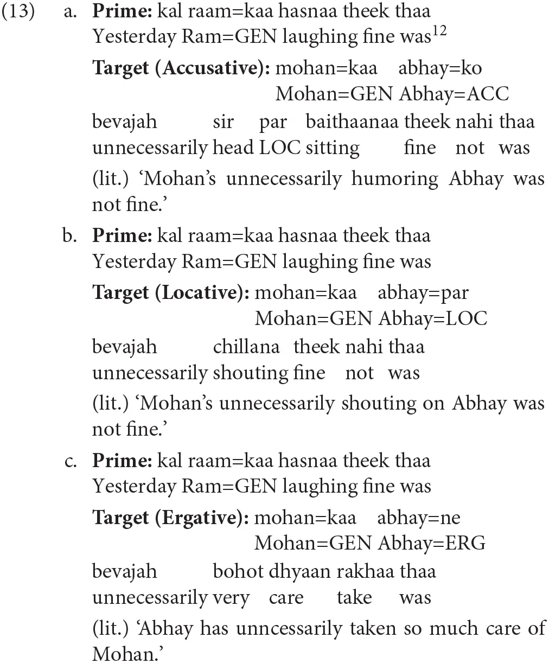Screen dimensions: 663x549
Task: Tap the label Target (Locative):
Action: [170, 292]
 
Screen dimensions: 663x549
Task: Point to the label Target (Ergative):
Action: [170, 518]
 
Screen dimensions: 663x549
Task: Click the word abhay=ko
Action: [440, 68]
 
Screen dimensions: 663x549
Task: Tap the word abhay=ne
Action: [418, 518]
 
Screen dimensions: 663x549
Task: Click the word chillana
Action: [246, 347]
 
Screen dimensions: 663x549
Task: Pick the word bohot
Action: [238, 571]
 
